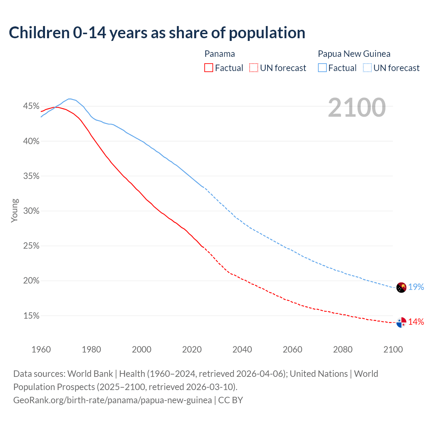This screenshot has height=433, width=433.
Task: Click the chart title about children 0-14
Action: tap(157, 33)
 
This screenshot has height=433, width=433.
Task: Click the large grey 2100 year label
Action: tap(357, 108)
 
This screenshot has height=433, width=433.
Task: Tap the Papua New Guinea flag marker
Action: tap(401, 288)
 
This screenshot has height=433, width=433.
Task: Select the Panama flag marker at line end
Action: tap(401, 323)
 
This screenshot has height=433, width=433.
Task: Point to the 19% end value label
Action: tap(416, 287)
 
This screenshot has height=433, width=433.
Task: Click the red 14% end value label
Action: tap(416, 322)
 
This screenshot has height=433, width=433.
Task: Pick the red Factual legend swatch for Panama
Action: tap(209, 68)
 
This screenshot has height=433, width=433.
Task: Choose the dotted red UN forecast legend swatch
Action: tap(254, 68)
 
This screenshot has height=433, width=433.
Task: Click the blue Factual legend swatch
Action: tap(322, 68)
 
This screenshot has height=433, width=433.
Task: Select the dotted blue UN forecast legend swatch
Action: tap(367, 68)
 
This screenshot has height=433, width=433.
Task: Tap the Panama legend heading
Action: tap(220, 54)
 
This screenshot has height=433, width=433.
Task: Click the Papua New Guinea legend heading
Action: tap(354, 54)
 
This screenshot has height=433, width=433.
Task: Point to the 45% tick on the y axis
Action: tap(31, 106)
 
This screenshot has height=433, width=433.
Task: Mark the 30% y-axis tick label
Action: tap(31, 211)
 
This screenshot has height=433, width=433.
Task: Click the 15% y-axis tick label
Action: tap(31, 316)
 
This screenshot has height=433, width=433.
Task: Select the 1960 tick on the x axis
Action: tap(41, 349)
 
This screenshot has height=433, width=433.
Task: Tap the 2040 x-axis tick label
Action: tap(242, 349)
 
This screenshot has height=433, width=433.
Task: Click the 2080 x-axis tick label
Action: tap(343, 349)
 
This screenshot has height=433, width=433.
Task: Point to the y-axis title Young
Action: tap(15, 210)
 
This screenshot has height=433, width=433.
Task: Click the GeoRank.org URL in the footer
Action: tap(112, 400)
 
